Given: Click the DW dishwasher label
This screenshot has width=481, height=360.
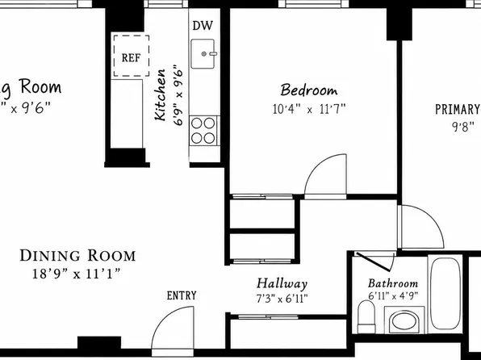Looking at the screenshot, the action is (202, 26).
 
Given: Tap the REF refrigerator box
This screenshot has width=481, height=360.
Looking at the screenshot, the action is (132, 56).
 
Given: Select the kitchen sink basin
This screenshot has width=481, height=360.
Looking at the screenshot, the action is (203, 54).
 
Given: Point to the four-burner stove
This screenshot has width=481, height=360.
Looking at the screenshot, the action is (203, 131).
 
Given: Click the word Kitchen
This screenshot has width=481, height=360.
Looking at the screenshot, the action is (160, 95).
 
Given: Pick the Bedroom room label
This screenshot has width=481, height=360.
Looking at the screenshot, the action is (309, 90).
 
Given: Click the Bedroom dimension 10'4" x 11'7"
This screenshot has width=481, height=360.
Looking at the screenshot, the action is (309, 109).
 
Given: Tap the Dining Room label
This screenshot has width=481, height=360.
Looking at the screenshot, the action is (77, 255).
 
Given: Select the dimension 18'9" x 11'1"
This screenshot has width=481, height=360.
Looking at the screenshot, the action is (76, 273).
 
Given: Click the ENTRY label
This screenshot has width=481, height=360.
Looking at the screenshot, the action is (182, 295).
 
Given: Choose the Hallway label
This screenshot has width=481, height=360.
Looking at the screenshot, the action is (282, 284).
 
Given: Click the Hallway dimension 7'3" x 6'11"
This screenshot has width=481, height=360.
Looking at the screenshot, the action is (282, 299).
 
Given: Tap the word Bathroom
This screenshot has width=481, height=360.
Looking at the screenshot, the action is (393, 283).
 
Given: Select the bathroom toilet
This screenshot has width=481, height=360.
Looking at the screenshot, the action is (366, 316).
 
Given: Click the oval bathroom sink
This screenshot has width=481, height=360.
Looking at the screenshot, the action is (404, 321).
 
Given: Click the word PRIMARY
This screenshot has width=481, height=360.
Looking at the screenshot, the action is (458, 109).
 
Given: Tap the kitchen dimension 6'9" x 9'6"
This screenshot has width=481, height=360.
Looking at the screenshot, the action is (178, 95).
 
